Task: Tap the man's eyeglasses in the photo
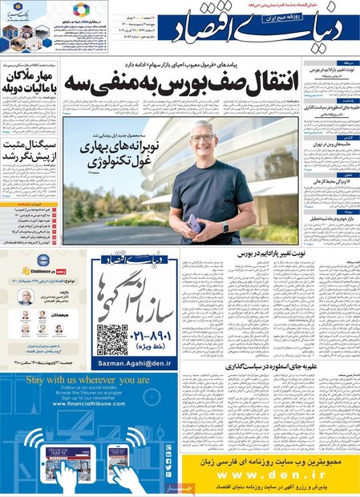pyautogui.click(x=202, y=139)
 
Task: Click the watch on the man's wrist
pyautogui.click(x=225, y=228)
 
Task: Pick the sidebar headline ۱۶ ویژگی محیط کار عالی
pyautogui.click(x=327, y=181)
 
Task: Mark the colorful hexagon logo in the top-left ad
pyautogui.click(x=79, y=10)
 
